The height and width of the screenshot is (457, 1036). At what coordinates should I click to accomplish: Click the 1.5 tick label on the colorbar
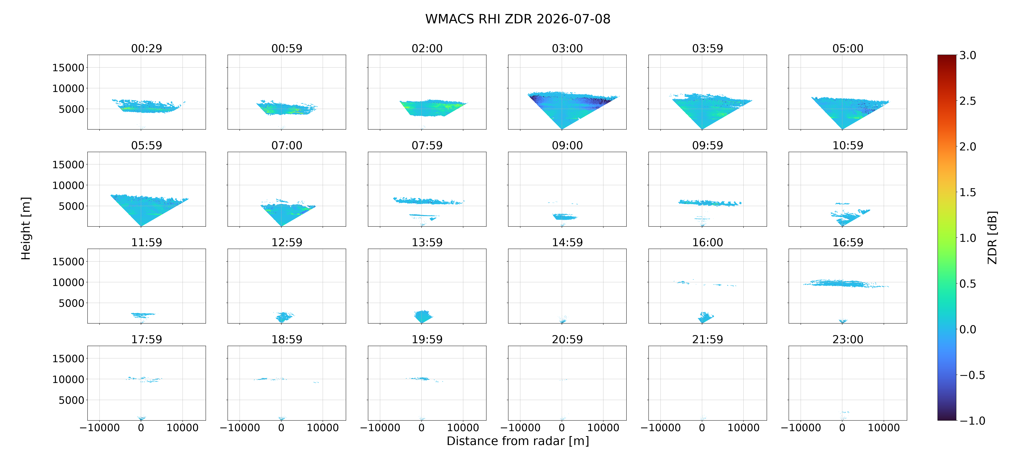coord(968,192)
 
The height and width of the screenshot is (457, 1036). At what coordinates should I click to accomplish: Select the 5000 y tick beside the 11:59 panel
coord(71,303)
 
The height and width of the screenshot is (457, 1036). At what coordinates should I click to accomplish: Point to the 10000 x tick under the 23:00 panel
coord(884,428)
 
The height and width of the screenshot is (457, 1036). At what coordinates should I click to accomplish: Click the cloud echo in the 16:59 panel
coord(845,283)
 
